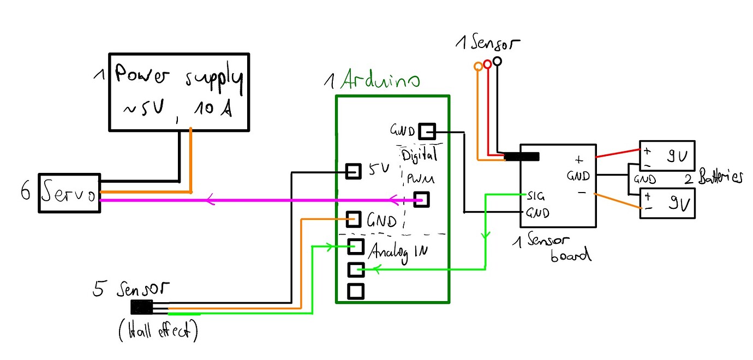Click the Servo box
pos(69,193)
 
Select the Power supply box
pos(179,92)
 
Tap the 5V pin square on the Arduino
pos(354,171)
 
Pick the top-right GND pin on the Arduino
pos(426,131)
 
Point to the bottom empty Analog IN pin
pos(356,291)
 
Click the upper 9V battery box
pos(667,155)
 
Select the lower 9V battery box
pos(667,203)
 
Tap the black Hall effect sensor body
pos(141,308)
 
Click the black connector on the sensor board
pos(522,157)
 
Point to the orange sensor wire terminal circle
pos(479,67)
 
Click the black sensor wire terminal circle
pos(497,61)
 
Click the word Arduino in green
pos(380,81)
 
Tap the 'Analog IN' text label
pos(398,252)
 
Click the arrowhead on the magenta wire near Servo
pos(209,201)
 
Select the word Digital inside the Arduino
pos(420,155)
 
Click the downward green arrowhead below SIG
pos(485,236)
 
